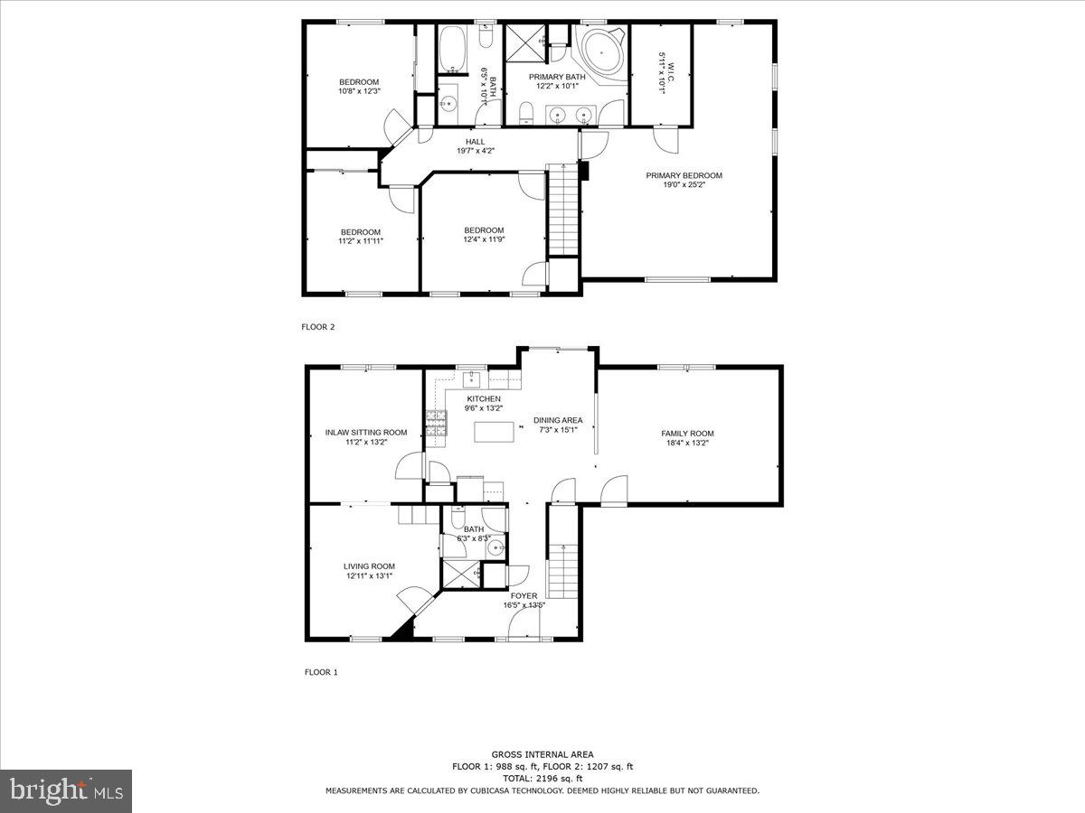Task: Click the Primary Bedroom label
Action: pyautogui.click(x=684, y=175)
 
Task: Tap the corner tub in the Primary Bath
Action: pyautogui.click(x=601, y=52)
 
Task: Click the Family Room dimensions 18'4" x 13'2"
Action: pyautogui.click(x=687, y=443)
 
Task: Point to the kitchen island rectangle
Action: pyautogui.click(x=494, y=432)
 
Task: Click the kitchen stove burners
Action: pyautogui.click(x=437, y=423)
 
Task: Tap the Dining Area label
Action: pyautogui.click(x=558, y=420)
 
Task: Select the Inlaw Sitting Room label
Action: pyautogui.click(x=366, y=433)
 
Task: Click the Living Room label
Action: pyautogui.click(x=369, y=566)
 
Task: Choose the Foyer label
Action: pyautogui.click(x=524, y=596)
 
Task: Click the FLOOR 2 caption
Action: pyautogui.click(x=318, y=327)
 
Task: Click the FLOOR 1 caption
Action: pyautogui.click(x=321, y=672)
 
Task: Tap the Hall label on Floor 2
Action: pyautogui.click(x=475, y=142)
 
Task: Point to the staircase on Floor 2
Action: pyautogui.click(x=562, y=209)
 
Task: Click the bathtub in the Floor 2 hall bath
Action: pyautogui.click(x=452, y=50)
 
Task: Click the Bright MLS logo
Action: pyautogui.click(x=66, y=790)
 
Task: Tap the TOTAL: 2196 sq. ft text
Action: pyautogui.click(x=542, y=779)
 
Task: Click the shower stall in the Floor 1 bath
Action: pyautogui.click(x=461, y=575)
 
